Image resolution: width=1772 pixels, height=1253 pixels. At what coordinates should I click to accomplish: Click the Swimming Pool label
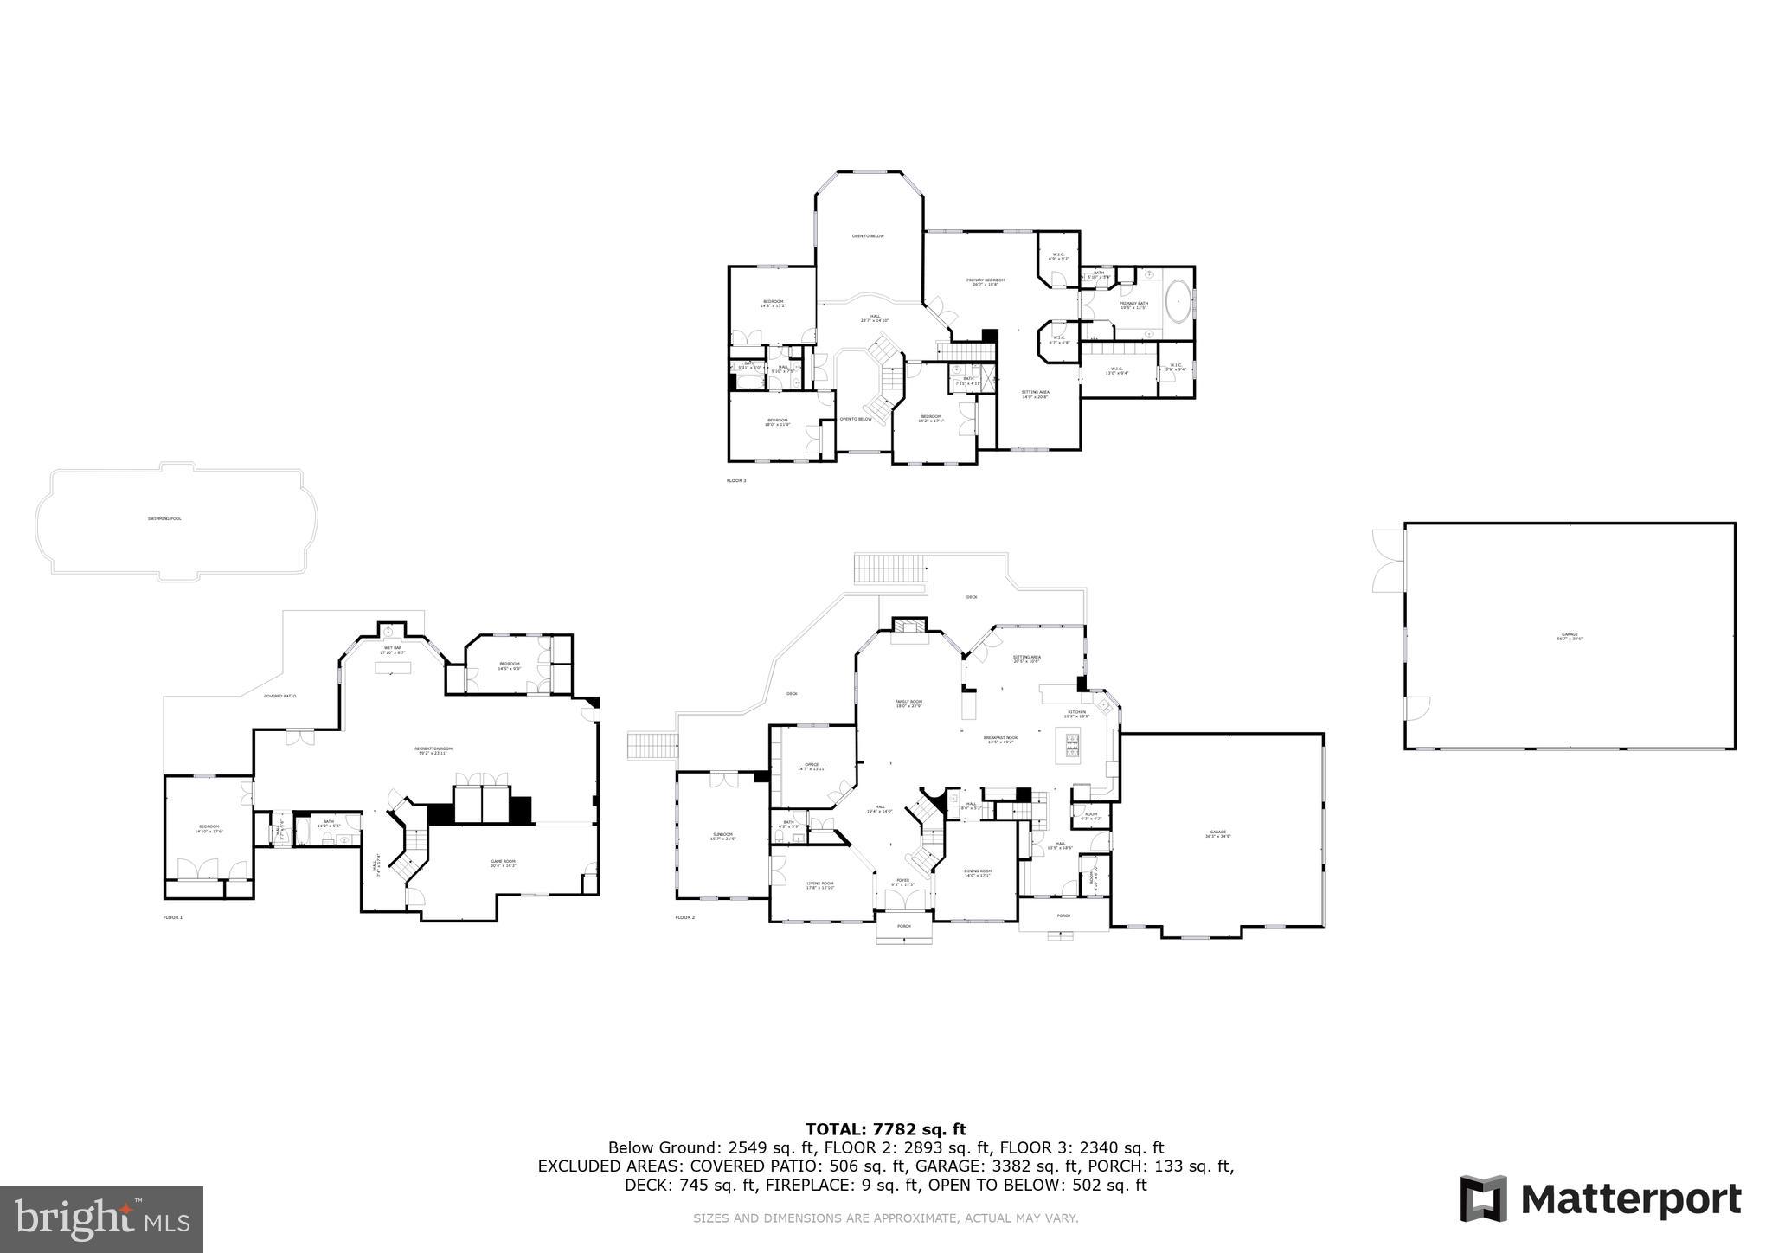click(x=164, y=519)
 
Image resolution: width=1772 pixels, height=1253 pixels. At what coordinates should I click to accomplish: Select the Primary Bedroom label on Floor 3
click(x=986, y=282)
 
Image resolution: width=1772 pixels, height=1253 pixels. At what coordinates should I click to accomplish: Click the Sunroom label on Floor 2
click(x=722, y=836)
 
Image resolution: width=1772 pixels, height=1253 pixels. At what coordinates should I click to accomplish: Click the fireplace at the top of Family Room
click(x=909, y=627)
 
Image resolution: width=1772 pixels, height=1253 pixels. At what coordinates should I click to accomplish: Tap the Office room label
click(x=812, y=767)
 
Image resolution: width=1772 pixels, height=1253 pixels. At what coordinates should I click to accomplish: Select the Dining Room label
click(x=979, y=872)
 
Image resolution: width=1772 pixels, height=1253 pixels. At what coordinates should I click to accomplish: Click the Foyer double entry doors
click(x=904, y=901)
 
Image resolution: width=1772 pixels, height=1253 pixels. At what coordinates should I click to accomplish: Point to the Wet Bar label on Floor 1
click(x=392, y=649)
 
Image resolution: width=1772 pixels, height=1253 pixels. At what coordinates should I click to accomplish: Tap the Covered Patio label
click(x=280, y=696)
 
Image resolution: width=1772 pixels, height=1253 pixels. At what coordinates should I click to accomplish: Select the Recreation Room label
click(x=433, y=750)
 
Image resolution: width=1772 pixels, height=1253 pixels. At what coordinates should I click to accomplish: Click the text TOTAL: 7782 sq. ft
click(x=885, y=1128)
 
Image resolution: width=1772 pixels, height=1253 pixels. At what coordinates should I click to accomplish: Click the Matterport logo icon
click(x=1482, y=1199)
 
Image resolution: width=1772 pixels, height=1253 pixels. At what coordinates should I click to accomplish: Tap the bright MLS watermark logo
click(x=101, y=1219)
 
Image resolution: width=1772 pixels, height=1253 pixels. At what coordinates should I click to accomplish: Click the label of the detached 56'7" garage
click(x=1570, y=637)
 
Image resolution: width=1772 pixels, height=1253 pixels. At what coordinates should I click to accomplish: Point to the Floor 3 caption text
click(x=736, y=480)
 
